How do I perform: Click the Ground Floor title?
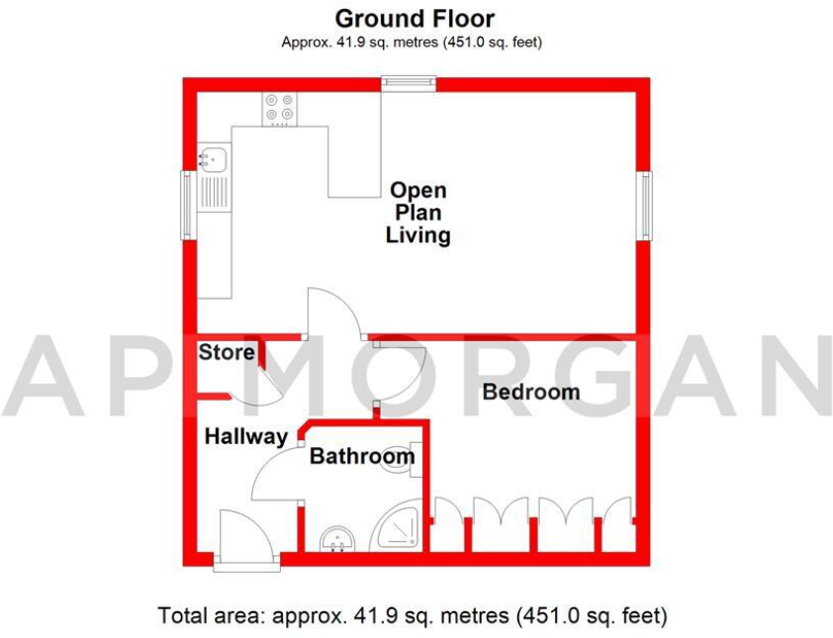point(415,18)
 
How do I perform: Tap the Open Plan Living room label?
point(417,213)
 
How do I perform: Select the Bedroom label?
point(530,392)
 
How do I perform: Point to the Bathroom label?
point(361,457)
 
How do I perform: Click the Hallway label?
point(245,436)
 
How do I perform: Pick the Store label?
point(227,352)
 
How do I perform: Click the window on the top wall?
point(409,85)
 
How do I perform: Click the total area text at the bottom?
point(414,614)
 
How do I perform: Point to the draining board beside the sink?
point(213,190)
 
